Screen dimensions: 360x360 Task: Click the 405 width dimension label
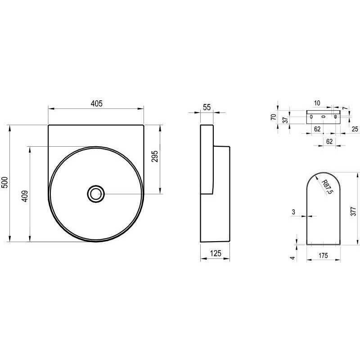coord(97,103)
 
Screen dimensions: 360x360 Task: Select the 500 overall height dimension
coord(5,183)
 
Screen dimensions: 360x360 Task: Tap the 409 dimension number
coord(25,196)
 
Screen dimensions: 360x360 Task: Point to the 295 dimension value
coord(155,156)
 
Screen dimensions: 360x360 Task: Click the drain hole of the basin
coord(96,194)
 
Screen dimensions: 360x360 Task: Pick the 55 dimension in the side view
coord(207,107)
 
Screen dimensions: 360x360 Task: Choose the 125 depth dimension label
coord(216,253)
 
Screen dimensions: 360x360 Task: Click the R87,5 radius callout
coord(327,187)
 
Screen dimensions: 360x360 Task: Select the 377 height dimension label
coord(354,211)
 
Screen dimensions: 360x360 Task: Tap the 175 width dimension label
coord(323,256)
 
